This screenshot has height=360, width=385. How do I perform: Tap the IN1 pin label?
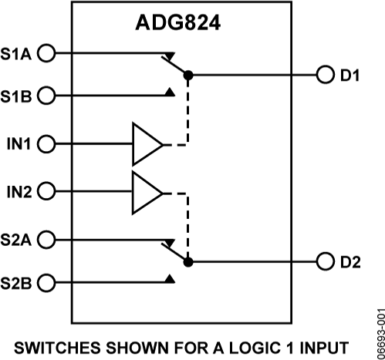point(18,143)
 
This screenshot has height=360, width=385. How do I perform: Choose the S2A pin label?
point(18,240)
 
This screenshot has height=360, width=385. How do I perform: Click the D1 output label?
point(350,76)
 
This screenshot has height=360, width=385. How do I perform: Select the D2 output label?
point(350,261)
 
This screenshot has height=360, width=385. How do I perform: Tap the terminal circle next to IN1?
point(46,143)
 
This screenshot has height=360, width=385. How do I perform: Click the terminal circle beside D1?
point(325,76)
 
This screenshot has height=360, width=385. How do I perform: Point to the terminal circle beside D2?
point(325,261)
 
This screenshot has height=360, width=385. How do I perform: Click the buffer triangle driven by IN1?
point(146,143)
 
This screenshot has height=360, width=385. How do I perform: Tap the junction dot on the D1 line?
point(188,76)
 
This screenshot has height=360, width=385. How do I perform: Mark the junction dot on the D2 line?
point(188,261)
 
